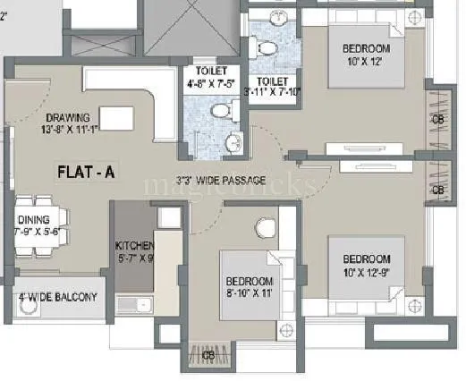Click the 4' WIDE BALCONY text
coord(57,297)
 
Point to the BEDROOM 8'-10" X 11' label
coord(250,285)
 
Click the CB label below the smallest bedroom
coord(208,356)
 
